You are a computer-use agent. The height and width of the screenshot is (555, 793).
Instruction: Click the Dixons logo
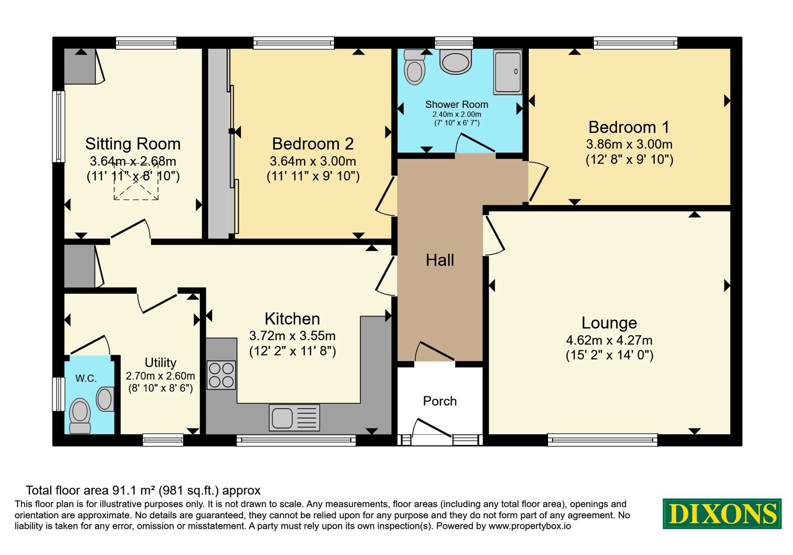[x=722, y=513]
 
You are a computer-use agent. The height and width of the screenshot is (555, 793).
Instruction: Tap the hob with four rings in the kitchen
[x=221, y=375]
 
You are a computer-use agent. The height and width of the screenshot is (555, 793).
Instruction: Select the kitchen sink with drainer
[x=294, y=418]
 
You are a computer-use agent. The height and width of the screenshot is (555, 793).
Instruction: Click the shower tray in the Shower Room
[x=508, y=72]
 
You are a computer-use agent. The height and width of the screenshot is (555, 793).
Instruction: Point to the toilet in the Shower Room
[x=414, y=67]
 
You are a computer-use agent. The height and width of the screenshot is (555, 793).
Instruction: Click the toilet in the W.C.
[x=80, y=416]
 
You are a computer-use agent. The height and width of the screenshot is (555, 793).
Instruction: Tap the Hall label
[x=440, y=260]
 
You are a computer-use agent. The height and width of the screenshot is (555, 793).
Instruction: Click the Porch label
[x=440, y=401]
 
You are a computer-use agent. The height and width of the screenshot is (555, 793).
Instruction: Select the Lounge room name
[x=609, y=323]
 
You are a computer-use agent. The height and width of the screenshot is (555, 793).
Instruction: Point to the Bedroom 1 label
[x=629, y=127]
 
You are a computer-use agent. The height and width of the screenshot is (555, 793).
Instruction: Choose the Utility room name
[x=161, y=363]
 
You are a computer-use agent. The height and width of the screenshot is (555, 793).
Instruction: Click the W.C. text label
[x=86, y=379]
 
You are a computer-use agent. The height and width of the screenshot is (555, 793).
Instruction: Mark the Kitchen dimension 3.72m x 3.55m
[x=292, y=335]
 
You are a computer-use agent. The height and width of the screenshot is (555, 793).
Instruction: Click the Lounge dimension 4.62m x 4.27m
[x=609, y=340]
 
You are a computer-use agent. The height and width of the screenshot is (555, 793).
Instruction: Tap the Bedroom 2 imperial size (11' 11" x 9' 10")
[x=313, y=176]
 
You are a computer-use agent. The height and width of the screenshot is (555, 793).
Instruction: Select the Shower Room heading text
[x=456, y=105]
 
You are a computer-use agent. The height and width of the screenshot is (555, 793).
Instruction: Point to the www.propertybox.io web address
[x=530, y=526]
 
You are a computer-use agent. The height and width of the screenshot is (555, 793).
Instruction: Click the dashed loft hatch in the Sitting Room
[x=136, y=181]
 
